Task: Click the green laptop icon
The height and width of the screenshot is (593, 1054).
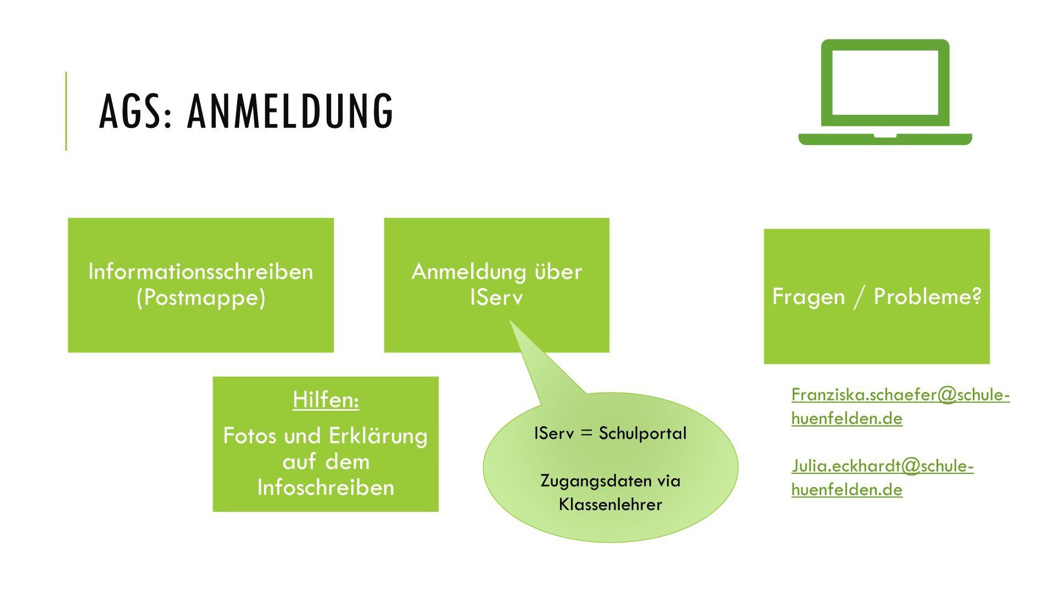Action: click(885, 92)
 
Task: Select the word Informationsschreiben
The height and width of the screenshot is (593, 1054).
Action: click(200, 272)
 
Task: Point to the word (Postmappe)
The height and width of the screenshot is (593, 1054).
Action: click(200, 298)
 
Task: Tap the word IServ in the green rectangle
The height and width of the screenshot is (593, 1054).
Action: click(496, 298)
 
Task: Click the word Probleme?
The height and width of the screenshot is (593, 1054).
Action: click(927, 296)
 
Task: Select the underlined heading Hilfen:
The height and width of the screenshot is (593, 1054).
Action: click(326, 400)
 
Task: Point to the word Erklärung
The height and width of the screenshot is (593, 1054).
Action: click(378, 436)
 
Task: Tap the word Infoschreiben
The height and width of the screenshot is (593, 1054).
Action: click(326, 488)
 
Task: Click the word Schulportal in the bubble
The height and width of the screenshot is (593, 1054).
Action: click(642, 433)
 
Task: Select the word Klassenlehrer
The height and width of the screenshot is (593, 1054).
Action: click(610, 505)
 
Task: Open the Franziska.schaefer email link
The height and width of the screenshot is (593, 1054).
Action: click(900, 406)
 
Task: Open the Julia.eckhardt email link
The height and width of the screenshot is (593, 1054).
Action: click(882, 478)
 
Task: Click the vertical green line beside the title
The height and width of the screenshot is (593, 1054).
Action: click(66, 111)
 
